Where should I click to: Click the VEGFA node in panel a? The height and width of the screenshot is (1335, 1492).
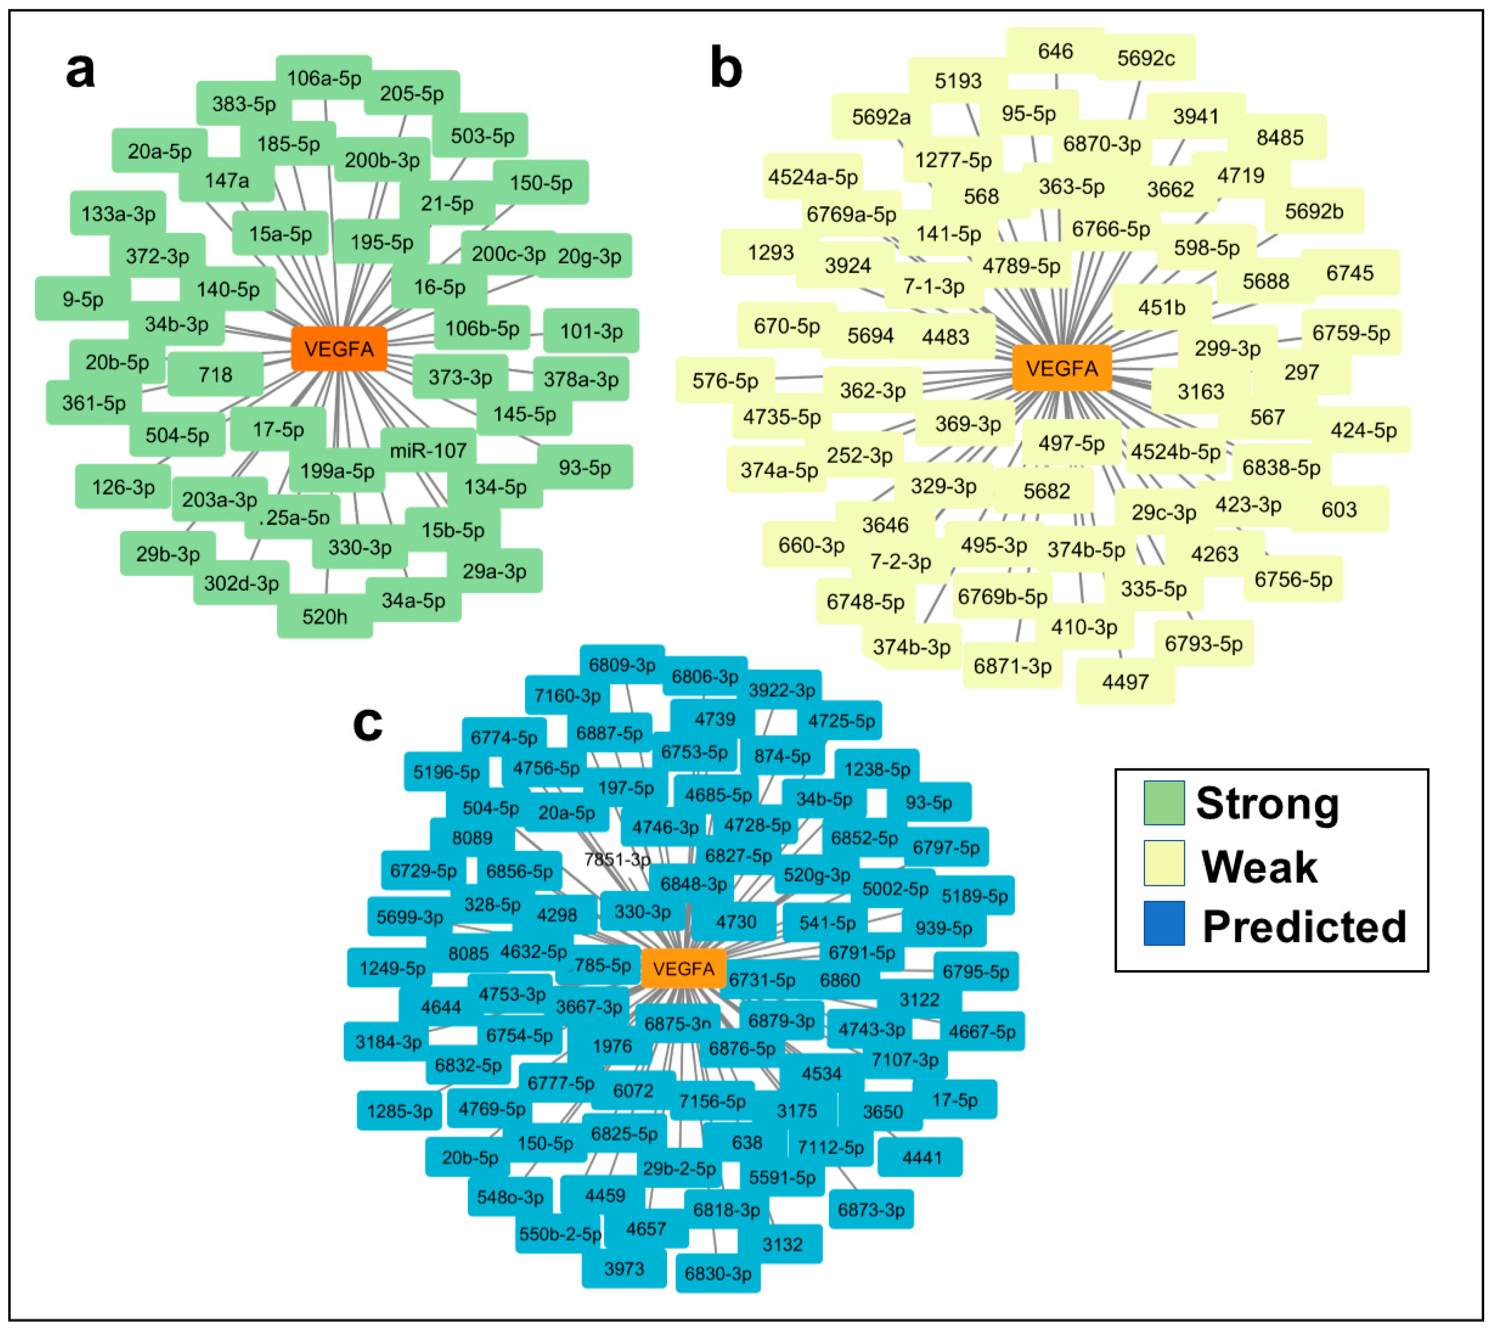(x=339, y=349)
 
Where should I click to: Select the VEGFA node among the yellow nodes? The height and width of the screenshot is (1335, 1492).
(x=1061, y=368)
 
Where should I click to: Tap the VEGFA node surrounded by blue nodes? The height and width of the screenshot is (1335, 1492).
(x=683, y=969)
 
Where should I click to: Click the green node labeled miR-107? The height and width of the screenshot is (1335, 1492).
(x=428, y=450)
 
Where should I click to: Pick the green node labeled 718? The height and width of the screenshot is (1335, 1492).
(x=215, y=375)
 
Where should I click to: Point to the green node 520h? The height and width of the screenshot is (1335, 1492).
(x=324, y=616)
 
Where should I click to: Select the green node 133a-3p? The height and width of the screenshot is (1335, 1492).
(x=118, y=213)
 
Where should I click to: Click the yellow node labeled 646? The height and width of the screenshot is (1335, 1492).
(x=1055, y=51)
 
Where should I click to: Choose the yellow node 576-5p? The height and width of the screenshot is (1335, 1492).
(x=725, y=381)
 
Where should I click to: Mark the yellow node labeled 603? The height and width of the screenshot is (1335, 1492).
(x=1339, y=509)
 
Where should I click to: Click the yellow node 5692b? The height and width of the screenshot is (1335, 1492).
(x=1314, y=211)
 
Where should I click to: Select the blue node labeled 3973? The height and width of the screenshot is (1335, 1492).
(x=624, y=1268)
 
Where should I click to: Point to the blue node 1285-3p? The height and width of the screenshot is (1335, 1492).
(x=399, y=1111)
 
